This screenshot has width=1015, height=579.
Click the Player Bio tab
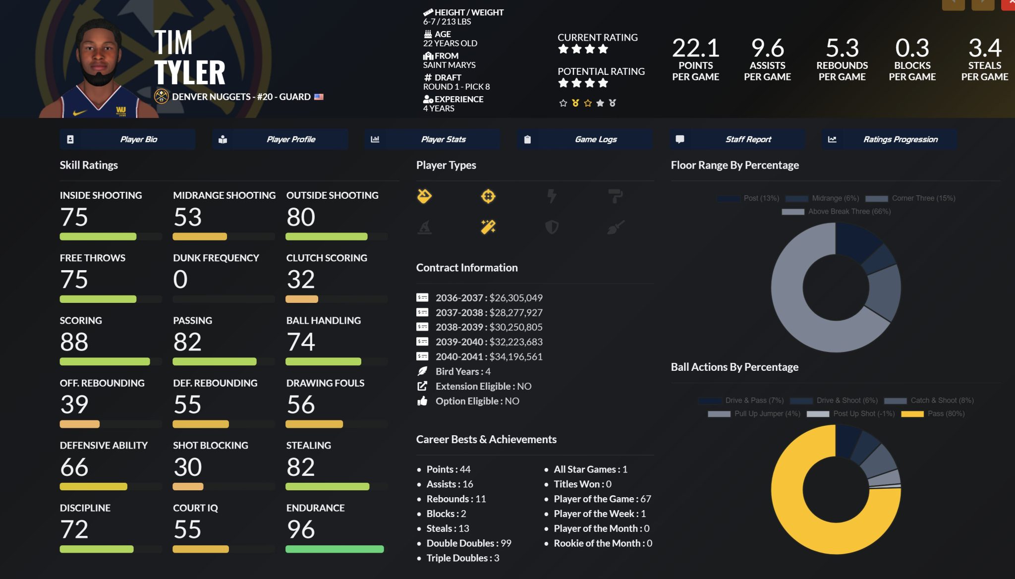127,139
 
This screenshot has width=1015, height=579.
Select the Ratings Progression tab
889,139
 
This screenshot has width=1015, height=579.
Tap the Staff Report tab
737,139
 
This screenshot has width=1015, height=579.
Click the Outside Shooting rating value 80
301,217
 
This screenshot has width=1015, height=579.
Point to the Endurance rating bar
335,549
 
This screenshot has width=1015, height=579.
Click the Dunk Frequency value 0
180,280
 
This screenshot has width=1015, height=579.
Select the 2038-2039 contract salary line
488,327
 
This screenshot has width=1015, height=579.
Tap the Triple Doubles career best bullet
462,558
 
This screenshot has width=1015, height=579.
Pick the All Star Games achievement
590,469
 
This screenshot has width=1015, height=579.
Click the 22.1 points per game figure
695,49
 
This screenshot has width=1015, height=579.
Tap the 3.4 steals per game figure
985,49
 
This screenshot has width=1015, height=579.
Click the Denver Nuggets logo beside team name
161,97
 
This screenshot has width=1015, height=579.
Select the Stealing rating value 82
300,467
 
